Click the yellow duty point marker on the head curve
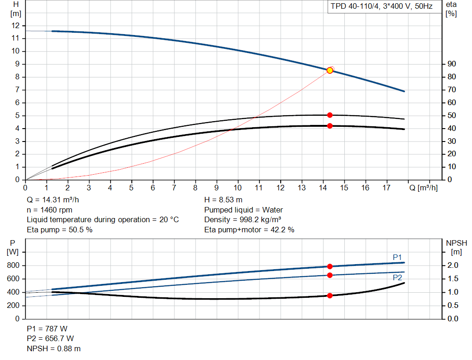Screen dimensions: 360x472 point(330,70)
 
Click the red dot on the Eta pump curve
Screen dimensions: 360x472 point(330,115)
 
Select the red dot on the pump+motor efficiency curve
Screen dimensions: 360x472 point(330,126)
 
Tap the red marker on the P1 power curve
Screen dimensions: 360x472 point(330,266)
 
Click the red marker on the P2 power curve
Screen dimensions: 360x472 point(330,275)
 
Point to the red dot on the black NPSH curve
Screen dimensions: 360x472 point(330,295)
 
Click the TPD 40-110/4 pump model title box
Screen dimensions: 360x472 point(382,7)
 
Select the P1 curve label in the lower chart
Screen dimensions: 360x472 point(397,257)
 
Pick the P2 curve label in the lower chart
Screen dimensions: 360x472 point(397,278)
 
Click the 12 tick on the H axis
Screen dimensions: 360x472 point(16,25)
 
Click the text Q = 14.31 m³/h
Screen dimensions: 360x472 point(56,200)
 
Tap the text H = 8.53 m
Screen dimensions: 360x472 point(223,200)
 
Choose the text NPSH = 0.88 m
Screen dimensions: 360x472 point(53,349)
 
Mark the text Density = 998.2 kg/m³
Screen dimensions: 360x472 point(243,220)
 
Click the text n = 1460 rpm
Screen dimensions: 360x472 point(49,210)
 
